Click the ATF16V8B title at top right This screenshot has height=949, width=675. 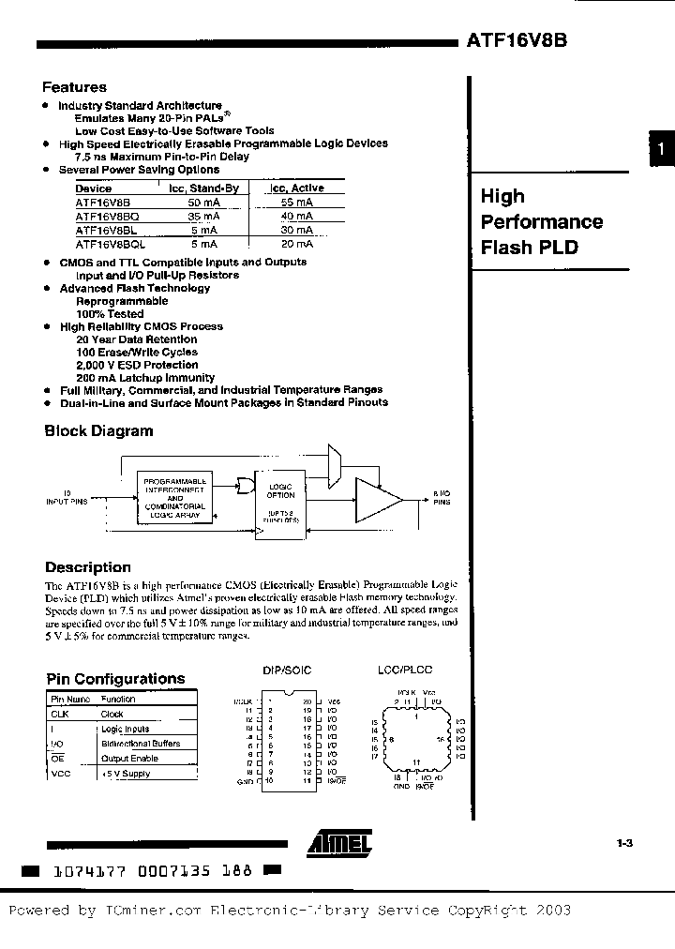pyautogui.click(x=516, y=41)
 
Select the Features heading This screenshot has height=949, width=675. pyautogui.click(x=76, y=87)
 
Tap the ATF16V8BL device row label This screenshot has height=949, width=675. pyautogui.click(x=107, y=228)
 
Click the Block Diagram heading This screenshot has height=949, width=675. pyautogui.click(x=98, y=431)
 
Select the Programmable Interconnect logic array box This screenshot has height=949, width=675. pyautogui.click(x=175, y=497)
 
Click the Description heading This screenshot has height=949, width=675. pyautogui.click(x=88, y=567)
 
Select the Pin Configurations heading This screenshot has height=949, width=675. pyautogui.click(x=115, y=679)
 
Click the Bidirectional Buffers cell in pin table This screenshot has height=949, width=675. pyautogui.click(x=141, y=744)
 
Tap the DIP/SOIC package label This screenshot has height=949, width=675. pyautogui.click(x=286, y=670)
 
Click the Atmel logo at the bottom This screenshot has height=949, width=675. pyautogui.click(x=339, y=844)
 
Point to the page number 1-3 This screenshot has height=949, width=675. pyautogui.click(x=626, y=843)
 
